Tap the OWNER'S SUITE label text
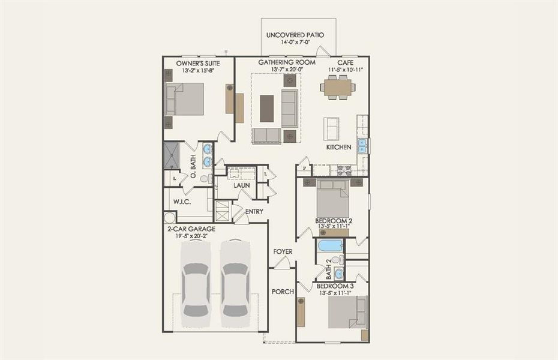[x=197, y=63]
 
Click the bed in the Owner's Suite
[x=185, y=99]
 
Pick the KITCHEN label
[x=338, y=147]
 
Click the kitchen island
[x=331, y=128]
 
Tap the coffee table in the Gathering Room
[x=267, y=108]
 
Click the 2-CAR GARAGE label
[x=191, y=229]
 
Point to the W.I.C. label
[x=182, y=202]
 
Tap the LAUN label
[x=241, y=186]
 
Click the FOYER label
[x=283, y=251]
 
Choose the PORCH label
[x=283, y=292]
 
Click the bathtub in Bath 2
[x=330, y=245]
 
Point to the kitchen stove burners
[x=345, y=170]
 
